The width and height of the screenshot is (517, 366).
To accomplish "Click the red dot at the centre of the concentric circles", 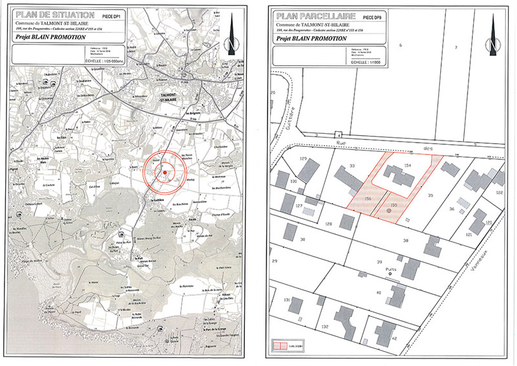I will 165,172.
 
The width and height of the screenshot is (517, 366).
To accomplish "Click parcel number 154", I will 407,166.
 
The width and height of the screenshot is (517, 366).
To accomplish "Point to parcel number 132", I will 326,327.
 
